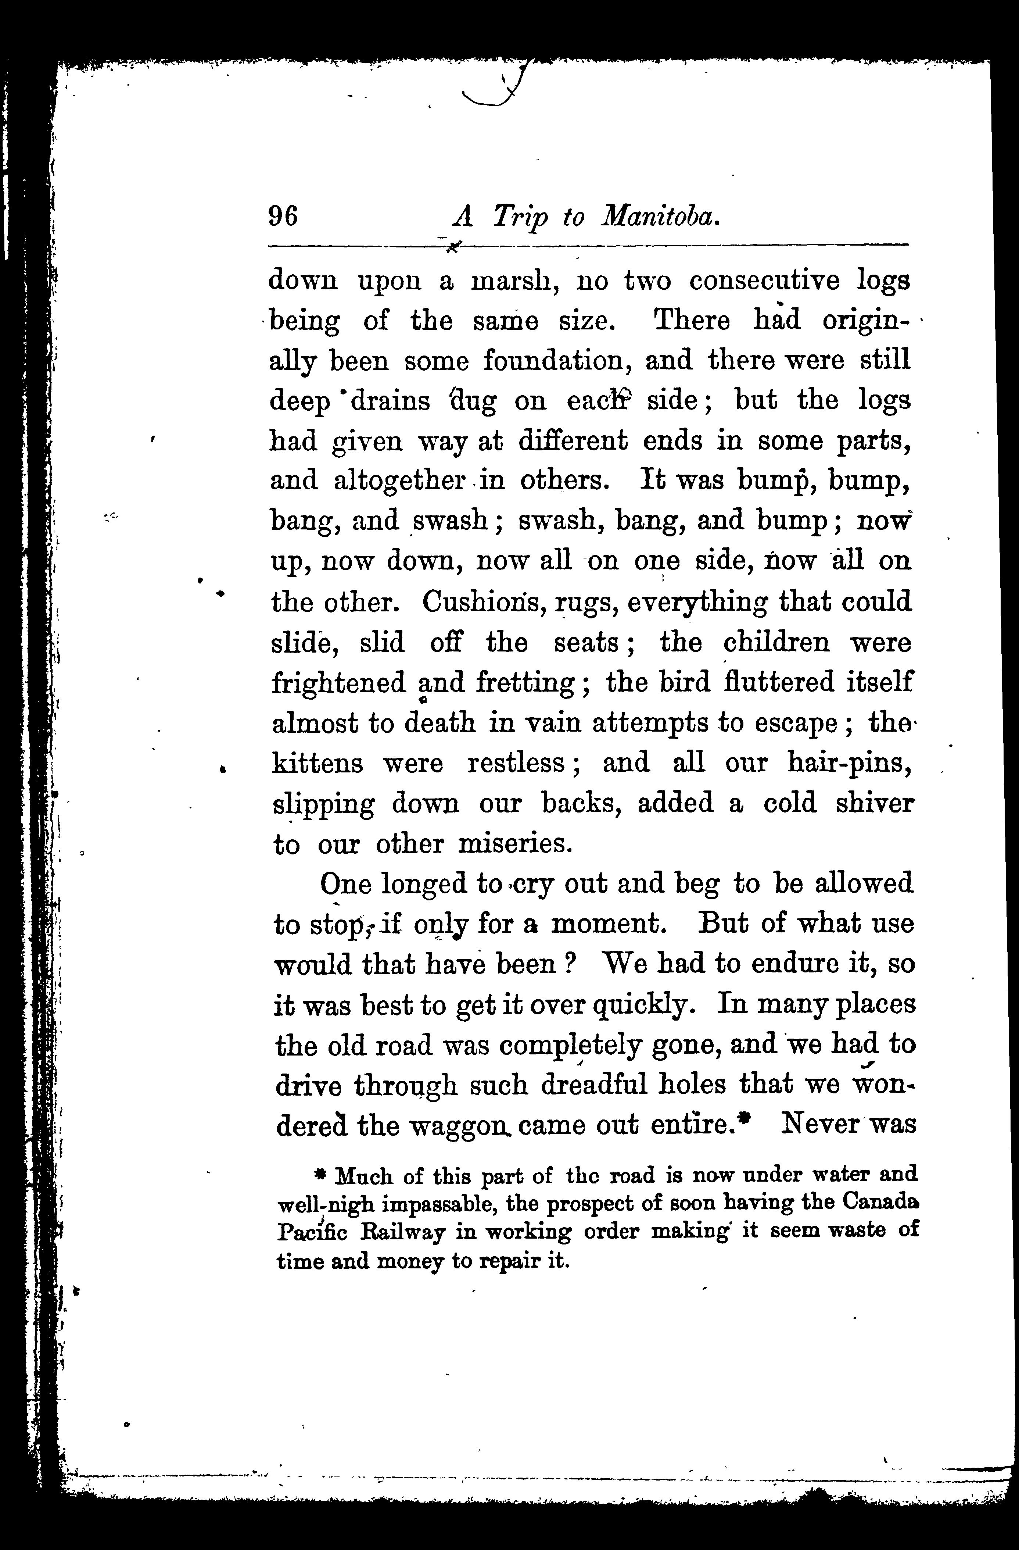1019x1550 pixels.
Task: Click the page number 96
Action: [283, 215]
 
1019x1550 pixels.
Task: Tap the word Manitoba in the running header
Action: [660, 215]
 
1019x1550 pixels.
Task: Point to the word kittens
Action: [317, 762]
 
